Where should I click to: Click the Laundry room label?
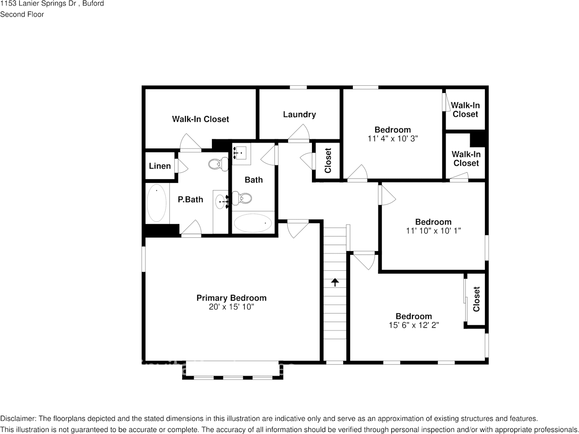[x=300, y=115]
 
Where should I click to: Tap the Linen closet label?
[x=160, y=166]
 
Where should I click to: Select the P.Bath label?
[x=190, y=199]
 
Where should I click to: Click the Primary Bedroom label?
[x=231, y=298]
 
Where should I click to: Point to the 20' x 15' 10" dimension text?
[x=231, y=307]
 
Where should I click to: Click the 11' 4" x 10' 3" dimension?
[x=393, y=138]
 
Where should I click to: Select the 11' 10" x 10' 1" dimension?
[x=434, y=231]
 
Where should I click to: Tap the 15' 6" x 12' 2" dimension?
[x=414, y=325]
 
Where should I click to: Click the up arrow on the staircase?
[x=335, y=282]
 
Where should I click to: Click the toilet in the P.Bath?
[x=218, y=164]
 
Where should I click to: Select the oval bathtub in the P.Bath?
[x=157, y=203]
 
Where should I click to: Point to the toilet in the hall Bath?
[x=242, y=198]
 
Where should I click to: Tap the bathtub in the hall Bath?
[x=253, y=223]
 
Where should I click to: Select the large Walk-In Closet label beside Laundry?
[x=200, y=119]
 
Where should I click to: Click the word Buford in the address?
[x=93, y=4]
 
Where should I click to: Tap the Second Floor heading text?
[x=22, y=15]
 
